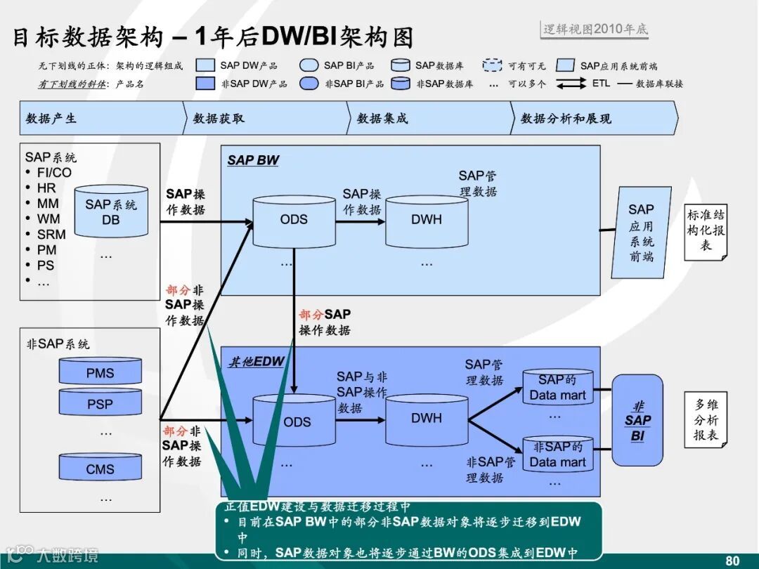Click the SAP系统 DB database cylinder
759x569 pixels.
click(111, 211)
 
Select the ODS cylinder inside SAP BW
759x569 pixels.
click(293, 221)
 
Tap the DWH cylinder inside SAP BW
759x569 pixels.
click(426, 221)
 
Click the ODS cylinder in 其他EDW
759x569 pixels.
click(297, 421)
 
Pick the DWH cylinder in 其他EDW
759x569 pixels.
click(426, 419)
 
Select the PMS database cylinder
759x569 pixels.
click(100, 372)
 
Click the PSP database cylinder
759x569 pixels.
click(100, 404)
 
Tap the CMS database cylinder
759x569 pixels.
click(100, 469)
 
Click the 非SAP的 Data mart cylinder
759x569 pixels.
click(557, 455)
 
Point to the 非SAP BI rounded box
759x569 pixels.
click(637, 420)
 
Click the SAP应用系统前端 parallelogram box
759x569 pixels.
click(640, 232)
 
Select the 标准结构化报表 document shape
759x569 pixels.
click(706, 230)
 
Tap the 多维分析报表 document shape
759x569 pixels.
click(706, 419)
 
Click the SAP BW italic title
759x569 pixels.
click(253, 160)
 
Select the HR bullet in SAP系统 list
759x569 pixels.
click(46, 188)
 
